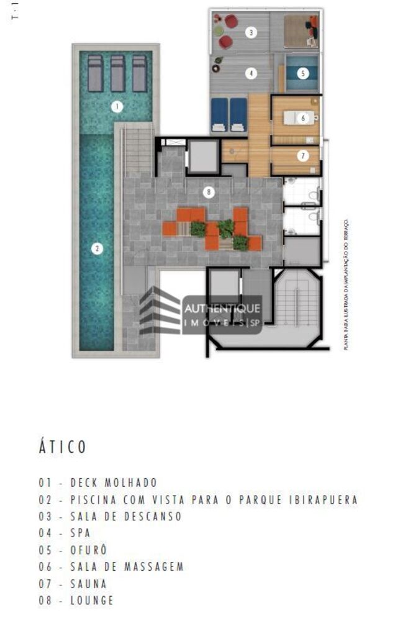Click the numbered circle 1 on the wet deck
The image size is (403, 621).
117,107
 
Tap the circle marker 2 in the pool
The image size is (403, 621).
96,249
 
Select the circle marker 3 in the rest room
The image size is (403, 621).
250,32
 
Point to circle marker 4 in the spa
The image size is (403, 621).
251,73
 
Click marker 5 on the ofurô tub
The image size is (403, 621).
302,73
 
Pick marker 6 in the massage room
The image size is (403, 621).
303,117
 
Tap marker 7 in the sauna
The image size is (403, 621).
303,156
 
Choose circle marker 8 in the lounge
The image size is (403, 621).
209,193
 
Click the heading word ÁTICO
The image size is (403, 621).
62,447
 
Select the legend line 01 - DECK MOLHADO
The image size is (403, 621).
97,483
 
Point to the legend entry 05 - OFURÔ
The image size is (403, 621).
73,550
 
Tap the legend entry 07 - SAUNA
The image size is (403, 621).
73,584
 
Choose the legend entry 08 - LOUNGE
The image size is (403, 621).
76,601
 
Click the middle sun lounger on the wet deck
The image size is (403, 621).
117,73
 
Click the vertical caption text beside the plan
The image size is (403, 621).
346,284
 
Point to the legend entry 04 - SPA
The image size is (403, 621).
65,533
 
